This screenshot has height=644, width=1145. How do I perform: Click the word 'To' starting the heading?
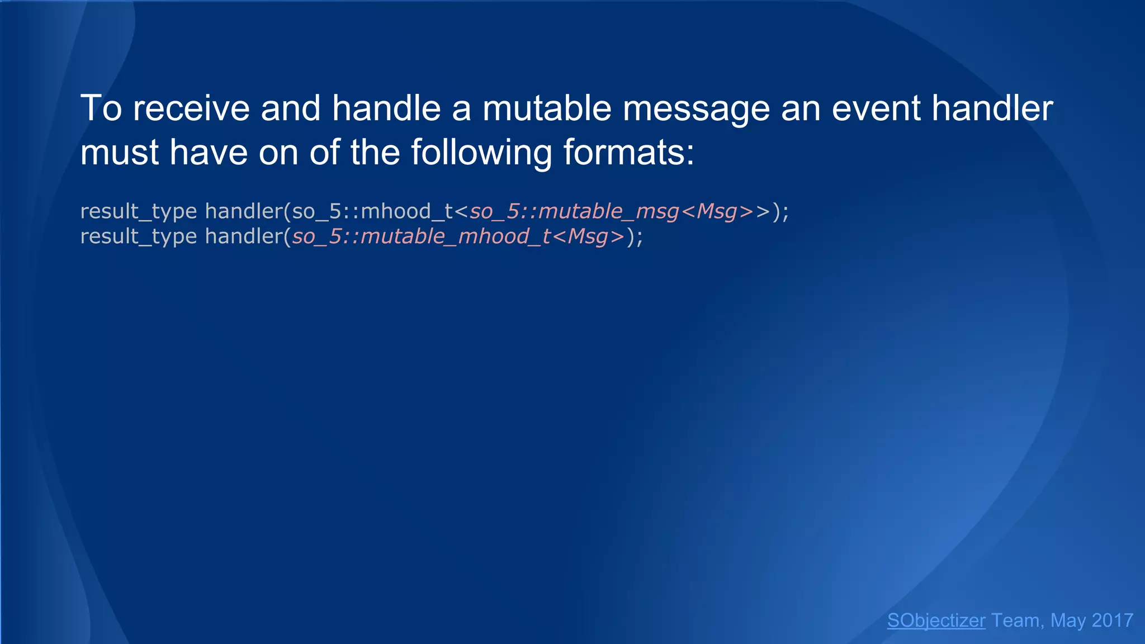click(101, 108)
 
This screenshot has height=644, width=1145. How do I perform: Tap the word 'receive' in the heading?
click(191, 108)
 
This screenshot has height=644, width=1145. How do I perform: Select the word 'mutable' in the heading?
click(547, 108)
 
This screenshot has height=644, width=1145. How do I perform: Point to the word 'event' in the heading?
click(876, 108)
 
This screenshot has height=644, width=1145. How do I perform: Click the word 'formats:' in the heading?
click(628, 153)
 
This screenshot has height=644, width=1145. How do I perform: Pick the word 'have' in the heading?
click(209, 153)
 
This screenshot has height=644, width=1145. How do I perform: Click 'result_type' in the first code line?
click(138, 212)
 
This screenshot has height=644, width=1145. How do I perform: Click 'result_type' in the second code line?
click(138, 237)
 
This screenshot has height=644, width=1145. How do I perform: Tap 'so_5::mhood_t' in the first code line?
click(372, 212)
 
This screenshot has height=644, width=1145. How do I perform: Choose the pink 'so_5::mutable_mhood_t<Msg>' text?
click(458, 237)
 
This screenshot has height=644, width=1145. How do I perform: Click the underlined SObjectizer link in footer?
click(936, 621)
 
